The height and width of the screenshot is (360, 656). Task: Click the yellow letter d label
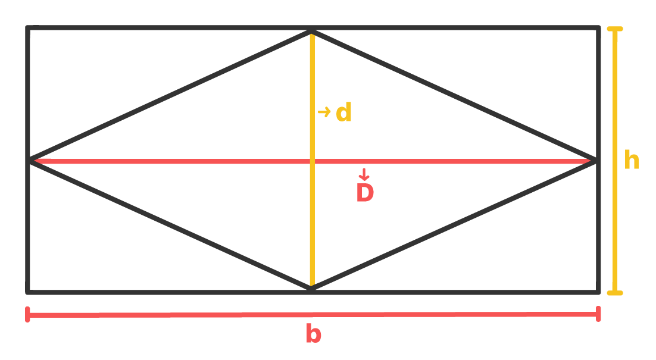[x=344, y=112]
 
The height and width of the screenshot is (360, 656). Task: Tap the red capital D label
[x=365, y=193]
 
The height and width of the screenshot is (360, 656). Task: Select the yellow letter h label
[x=632, y=161]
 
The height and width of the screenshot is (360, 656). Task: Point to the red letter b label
[x=313, y=334]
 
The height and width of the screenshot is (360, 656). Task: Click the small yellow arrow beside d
[x=324, y=111]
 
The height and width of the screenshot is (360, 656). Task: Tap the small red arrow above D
[x=364, y=174]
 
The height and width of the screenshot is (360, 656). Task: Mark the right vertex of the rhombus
[x=596, y=161]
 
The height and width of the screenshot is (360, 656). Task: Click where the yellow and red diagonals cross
[x=311, y=161]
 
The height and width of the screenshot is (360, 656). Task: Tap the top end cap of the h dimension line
[x=615, y=29]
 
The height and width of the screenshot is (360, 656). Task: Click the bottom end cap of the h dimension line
[x=615, y=293]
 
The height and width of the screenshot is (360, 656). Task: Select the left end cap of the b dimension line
[x=28, y=314]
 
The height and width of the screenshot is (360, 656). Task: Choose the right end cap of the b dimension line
[x=598, y=314]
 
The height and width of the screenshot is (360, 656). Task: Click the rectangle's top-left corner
[x=27, y=28]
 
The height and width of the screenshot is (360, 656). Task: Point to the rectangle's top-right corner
[x=598, y=28]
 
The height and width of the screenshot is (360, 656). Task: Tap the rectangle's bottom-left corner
[x=27, y=292]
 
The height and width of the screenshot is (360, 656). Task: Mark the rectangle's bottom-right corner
[x=598, y=292]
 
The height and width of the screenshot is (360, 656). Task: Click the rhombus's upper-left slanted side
[x=170, y=96]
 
